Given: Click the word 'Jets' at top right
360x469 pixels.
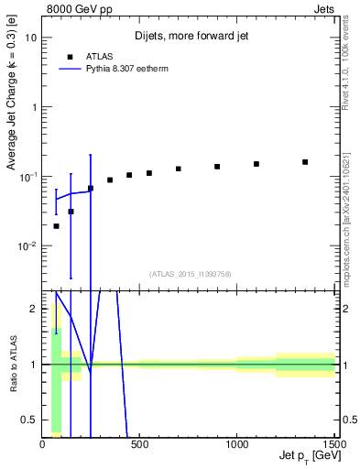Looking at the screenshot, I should coord(323,7).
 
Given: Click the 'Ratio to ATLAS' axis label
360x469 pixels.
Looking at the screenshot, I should coord(12,365).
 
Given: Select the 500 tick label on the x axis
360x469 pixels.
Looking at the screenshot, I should coord(140,444).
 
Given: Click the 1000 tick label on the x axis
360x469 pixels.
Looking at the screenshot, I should coord(236,444).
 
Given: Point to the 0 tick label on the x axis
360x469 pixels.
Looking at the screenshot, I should coord(43,444).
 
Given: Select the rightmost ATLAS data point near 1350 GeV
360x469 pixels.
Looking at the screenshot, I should coord(305,162).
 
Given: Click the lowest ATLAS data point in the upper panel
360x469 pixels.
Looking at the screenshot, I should coord(56,226).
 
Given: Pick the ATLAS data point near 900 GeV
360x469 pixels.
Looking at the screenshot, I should coord(217,167).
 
